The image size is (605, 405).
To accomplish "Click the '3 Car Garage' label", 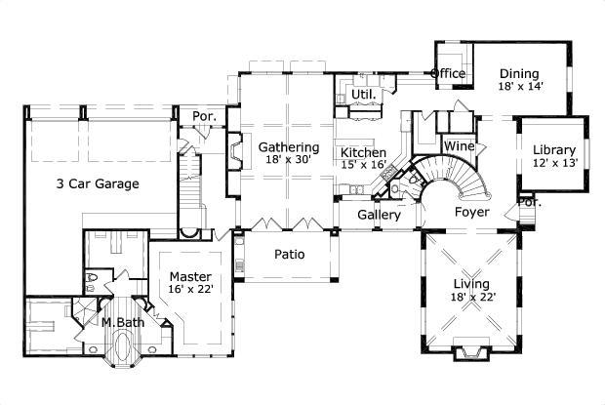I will click(x=98, y=183).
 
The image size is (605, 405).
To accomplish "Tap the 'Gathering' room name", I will click(x=289, y=147).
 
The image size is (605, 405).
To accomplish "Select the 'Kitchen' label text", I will click(x=363, y=153).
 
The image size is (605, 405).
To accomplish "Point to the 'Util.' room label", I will click(x=364, y=95).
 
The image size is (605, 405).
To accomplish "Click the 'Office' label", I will click(x=448, y=73).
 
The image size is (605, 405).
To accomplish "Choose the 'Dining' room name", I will click(x=520, y=73).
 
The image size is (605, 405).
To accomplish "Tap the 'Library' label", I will click(x=554, y=149).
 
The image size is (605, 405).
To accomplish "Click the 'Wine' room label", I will click(x=460, y=146).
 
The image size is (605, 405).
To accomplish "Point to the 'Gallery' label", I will click(x=379, y=215).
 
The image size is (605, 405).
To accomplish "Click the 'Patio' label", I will click(x=289, y=255).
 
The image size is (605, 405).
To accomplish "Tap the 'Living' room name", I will click(x=471, y=284).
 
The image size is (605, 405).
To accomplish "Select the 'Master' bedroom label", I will click(x=190, y=276).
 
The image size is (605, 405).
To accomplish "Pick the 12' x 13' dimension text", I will click(x=554, y=163).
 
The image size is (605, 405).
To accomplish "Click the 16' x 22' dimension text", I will click(x=190, y=290).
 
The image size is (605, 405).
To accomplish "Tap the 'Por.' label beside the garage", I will click(x=203, y=115).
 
